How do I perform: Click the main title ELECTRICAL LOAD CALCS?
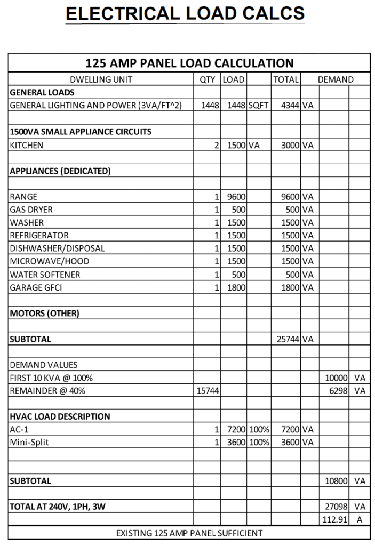[x=185, y=13]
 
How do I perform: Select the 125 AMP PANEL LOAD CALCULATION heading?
[x=189, y=63]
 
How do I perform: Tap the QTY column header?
[x=207, y=79]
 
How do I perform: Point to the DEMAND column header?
[x=336, y=79]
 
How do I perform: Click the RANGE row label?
[x=23, y=197]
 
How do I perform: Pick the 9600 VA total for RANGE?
[x=289, y=197]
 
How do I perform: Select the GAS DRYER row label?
[x=31, y=210]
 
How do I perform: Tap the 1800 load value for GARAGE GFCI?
[x=236, y=287]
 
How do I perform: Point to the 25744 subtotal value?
[x=288, y=339]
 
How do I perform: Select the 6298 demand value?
[x=337, y=391]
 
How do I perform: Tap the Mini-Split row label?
[x=29, y=442]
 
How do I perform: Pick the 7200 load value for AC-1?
[x=236, y=429]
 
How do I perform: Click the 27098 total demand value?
[x=337, y=507]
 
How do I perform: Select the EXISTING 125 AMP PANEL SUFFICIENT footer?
[x=189, y=533]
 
